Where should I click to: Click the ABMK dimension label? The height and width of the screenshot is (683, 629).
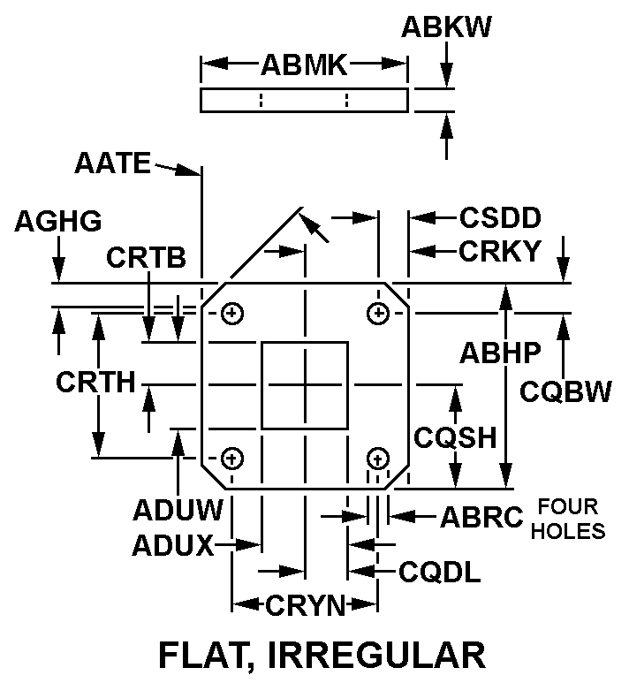(x=304, y=64)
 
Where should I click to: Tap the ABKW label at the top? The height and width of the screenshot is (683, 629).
(x=446, y=27)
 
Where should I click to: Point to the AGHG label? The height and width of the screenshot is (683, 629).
(x=58, y=221)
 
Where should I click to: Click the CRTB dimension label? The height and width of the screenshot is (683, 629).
(x=147, y=257)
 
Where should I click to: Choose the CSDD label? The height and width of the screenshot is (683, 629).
(x=500, y=217)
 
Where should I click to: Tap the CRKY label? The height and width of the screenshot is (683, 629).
(x=500, y=252)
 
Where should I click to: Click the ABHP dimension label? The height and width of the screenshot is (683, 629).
(x=500, y=353)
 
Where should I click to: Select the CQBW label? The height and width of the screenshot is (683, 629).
(x=565, y=391)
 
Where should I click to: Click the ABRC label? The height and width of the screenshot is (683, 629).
(x=482, y=517)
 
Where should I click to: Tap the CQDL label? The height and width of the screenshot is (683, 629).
(x=440, y=573)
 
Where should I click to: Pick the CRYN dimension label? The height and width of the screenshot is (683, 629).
(x=305, y=605)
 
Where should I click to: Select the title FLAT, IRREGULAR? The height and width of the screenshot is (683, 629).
(x=322, y=656)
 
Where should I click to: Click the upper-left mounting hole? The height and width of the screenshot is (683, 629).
(x=232, y=313)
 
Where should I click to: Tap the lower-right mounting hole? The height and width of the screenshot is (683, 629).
(x=378, y=459)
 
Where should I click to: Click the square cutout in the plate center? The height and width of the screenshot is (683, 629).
(x=305, y=385)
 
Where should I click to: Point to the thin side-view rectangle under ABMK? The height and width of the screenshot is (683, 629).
(x=304, y=100)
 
